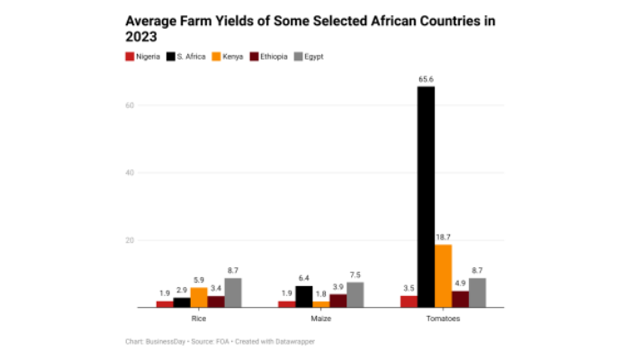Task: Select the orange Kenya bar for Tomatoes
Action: pyautogui.click(x=443, y=276)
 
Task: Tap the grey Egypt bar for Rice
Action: pyautogui.click(x=233, y=292)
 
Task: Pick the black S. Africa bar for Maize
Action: pyautogui.click(x=303, y=297)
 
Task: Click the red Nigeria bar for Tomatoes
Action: pyautogui.click(x=409, y=301)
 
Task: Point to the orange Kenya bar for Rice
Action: pyautogui.click(x=199, y=298)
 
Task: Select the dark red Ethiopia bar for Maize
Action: pyautogui.click(x=337, y=301)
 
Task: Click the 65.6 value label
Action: pyautogui.click(x=426, y=79)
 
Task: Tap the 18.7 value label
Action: pyautogui.click(x=443, y=237)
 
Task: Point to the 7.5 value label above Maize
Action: pyautogui.click(x=355, y=274)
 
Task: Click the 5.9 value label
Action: pyautogui.click(x=199, y=280)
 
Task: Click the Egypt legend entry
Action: pyautogui.click(x=308, y=57)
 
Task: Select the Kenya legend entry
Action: pyautogui.click(x=220, y=57)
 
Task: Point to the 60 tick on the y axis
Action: pyautogui.click(x=130, y=105)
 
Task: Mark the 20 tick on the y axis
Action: pyautogui.click(x=130, y=240)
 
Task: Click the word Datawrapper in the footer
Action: pyautogui.click(x=294, y=341)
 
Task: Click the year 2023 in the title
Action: pyautogui.click(x=141, y=37)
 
